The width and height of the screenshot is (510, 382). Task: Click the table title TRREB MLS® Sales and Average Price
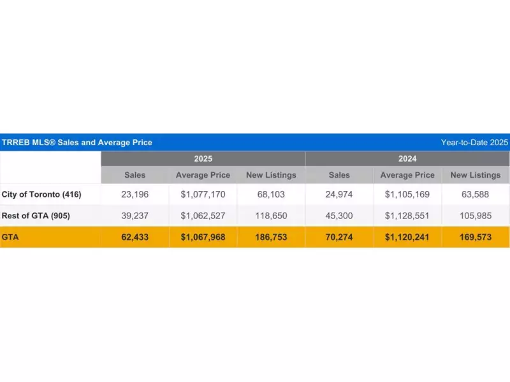point(76,143)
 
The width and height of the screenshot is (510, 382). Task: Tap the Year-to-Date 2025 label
point(474,143)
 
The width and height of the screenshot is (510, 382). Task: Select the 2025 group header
point(203,159)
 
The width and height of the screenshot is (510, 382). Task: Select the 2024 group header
point(407,159)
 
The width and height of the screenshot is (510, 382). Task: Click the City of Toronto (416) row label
point(41,194)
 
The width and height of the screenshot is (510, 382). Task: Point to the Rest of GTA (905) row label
point(41,216)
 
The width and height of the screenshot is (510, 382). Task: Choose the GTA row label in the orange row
point(10,237)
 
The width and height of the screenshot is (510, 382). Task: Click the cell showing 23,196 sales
point(135,194)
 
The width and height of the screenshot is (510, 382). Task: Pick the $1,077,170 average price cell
point(203,194)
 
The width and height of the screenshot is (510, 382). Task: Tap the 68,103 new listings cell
point(271,194)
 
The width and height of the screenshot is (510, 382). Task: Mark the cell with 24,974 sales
point(339,194)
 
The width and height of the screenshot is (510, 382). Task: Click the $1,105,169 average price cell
point(407,194)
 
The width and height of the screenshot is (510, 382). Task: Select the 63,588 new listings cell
point(476,194)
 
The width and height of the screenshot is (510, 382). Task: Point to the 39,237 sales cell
point(135,216)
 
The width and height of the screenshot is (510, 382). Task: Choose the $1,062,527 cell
point(203,216)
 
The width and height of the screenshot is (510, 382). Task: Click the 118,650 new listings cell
point(271,216)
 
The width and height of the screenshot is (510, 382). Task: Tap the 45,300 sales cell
point(339,216)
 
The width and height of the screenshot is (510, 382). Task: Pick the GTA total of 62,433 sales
point(135,237)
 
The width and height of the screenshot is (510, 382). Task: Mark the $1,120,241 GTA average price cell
point(407,237)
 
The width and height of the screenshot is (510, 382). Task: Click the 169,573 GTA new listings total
point(476,237)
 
